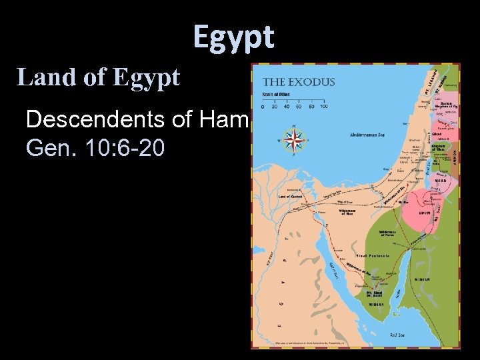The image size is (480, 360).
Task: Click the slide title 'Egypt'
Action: click(x=233, y=37)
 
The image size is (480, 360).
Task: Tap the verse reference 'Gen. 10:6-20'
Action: click(x=95, y=147)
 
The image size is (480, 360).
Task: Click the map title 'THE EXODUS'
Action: click(x=299, y=83)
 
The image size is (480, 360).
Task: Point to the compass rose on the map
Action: click(x=293, y=139)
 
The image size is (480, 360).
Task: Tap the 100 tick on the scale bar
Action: click(x=323, y=106)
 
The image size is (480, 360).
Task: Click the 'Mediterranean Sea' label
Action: click(x=368, y=134)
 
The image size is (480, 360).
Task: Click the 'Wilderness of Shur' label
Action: click(x=346, y=212)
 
